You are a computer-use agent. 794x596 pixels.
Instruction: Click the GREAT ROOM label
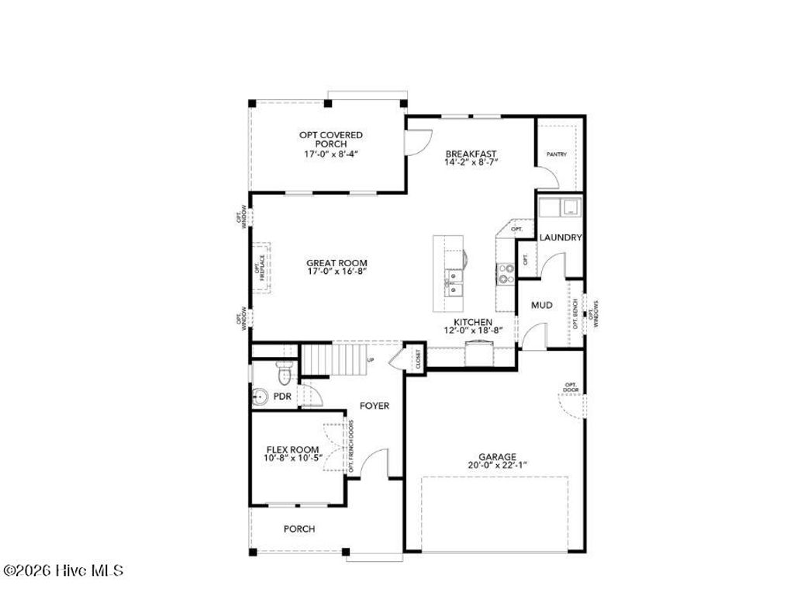337,263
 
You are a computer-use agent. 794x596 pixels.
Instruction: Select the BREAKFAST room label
471,154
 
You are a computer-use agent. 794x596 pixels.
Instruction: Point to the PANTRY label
557,154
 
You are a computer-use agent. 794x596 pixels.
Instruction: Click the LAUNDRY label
561,237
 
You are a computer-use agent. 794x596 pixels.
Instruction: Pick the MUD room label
541,306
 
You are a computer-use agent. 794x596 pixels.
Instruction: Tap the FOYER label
374,406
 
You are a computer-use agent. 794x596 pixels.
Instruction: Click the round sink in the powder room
259,397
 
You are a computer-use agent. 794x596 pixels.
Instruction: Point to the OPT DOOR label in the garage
571,387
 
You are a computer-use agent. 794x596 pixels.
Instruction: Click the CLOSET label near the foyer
417,359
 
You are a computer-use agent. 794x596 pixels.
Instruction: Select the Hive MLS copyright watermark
64,570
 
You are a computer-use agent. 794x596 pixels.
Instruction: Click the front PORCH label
299,529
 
